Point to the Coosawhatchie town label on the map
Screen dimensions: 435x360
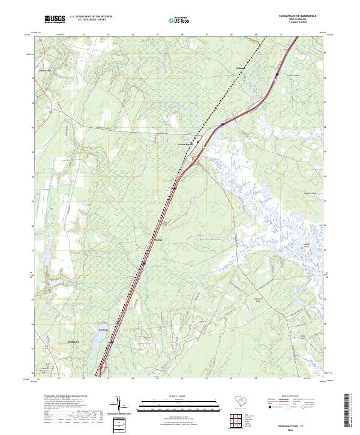185,145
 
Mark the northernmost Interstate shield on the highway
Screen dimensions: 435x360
277,74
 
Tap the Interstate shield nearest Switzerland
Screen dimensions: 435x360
112,343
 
